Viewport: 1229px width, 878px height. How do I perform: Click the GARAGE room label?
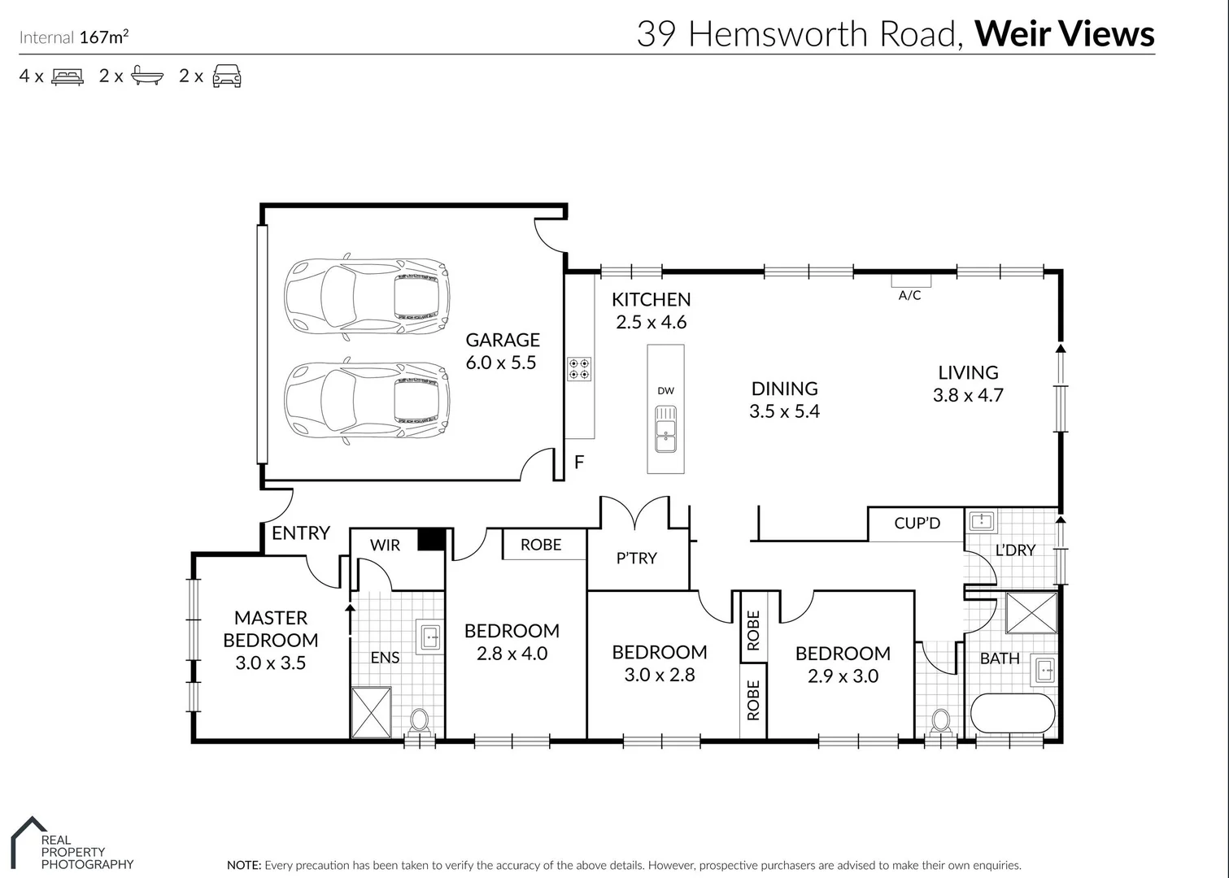tap(502, 340)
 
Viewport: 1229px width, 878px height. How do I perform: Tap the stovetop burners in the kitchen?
tap(579, 370)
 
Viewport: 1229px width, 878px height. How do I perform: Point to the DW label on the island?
tap(665, 391)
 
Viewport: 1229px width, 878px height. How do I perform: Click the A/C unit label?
tap(909, 296)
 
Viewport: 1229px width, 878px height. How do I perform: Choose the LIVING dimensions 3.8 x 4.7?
tap(968, 396)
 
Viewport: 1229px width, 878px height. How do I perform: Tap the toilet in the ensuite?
tap(420, 720)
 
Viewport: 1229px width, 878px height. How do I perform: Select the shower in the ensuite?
tap(371, 712)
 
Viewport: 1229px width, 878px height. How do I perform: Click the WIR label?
tap(385, 545)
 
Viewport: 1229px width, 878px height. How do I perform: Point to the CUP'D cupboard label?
tap(917, 524)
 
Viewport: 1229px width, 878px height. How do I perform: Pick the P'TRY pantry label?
tap(636, 559)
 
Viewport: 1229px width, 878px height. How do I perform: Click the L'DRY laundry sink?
tap(982, 520)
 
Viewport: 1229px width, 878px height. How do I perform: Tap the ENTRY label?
tap(300, 533)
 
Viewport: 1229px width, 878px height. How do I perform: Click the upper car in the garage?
tap(366, 296)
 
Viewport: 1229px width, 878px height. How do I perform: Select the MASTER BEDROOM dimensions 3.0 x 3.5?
tap(270, 663)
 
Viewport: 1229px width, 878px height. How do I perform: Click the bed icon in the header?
tap(67, 76)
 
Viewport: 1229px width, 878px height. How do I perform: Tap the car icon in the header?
tap(226, 76)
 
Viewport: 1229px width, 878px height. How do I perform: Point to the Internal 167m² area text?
tap(74, 37)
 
